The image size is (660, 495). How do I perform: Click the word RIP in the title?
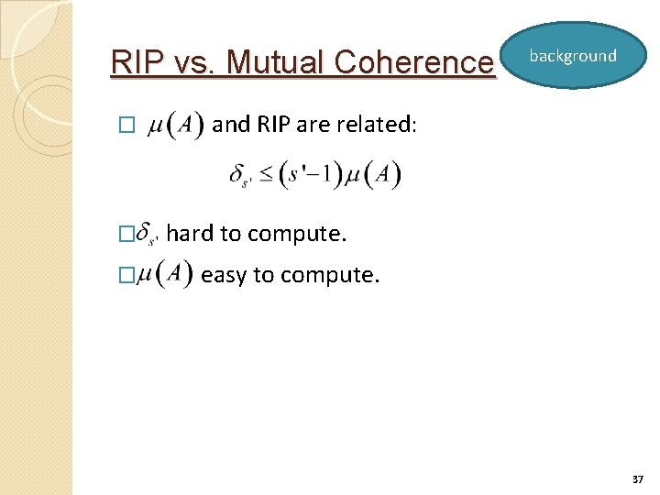132,62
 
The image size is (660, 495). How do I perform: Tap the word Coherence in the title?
414,62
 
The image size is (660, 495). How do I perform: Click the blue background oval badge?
573,56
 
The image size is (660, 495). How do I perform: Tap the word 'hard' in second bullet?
190,234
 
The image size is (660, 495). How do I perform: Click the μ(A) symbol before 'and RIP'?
175,125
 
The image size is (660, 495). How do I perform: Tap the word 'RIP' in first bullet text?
274,125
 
